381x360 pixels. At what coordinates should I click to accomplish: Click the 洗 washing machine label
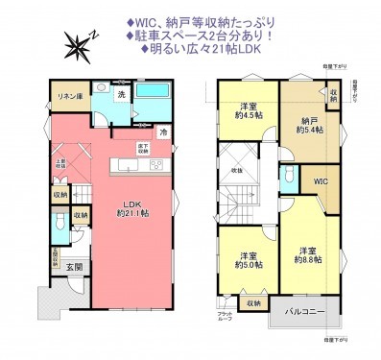(121, 94)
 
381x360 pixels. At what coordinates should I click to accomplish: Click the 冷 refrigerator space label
(163, 132)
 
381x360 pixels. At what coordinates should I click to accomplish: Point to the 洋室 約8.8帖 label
(307, 254)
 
